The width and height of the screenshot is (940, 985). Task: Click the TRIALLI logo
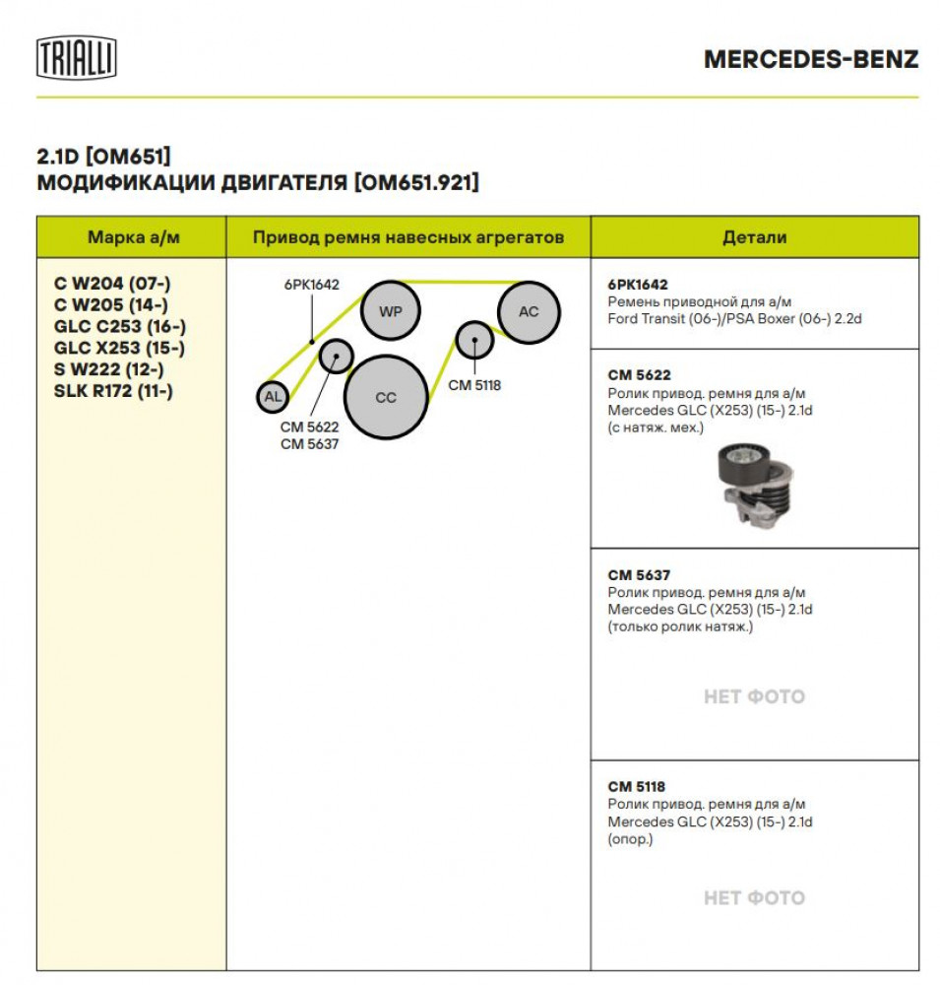77,58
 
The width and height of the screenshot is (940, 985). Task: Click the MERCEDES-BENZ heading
811,60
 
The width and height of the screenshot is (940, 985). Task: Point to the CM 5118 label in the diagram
474,385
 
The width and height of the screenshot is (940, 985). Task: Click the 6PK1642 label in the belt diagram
311,285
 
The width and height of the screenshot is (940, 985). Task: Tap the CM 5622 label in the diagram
310,427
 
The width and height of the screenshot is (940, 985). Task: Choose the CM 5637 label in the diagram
310,444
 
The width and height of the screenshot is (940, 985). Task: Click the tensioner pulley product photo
755,484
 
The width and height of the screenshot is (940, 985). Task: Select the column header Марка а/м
134,237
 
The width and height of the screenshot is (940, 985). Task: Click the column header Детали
755,237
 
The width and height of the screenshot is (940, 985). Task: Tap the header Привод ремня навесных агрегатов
408,237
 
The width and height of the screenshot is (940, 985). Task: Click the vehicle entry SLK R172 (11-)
113,391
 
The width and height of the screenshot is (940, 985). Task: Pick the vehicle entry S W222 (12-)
108,369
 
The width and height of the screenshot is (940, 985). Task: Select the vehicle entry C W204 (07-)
112,284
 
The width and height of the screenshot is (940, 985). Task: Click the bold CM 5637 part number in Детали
639,575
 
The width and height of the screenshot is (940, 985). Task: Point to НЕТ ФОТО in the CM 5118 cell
754,897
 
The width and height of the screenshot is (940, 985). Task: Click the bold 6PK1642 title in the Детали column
638,285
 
